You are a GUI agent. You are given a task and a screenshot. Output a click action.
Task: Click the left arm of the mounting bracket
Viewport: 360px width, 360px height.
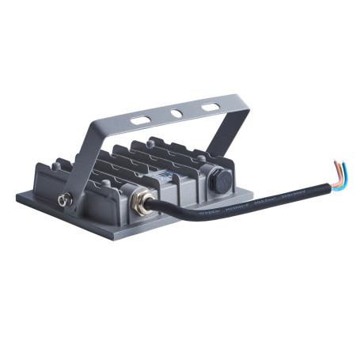pyautogui.click(x=90, y=158)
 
